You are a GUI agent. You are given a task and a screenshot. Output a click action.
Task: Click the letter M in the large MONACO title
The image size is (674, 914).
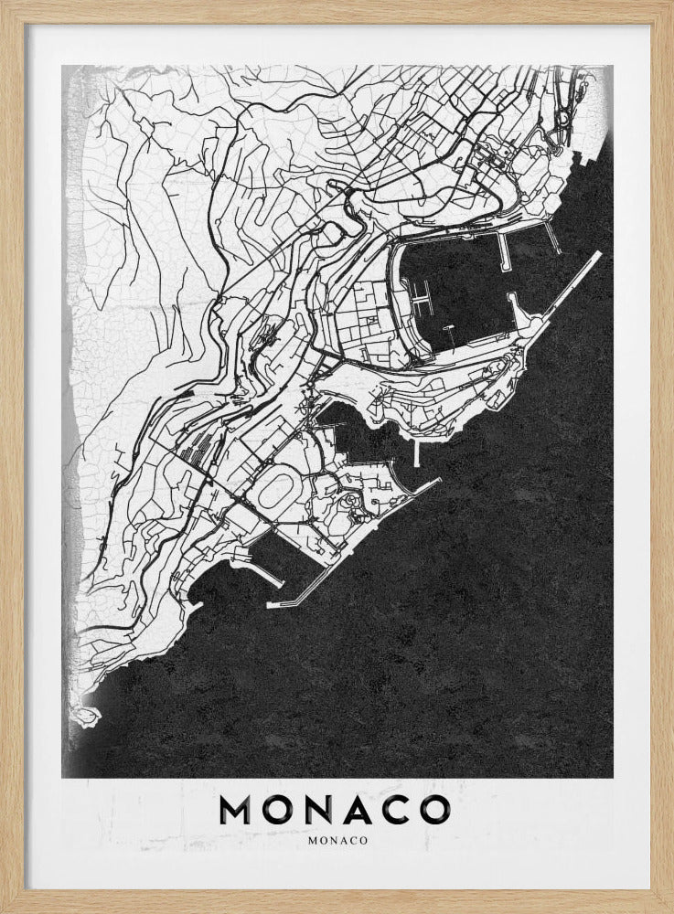[239, 809]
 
